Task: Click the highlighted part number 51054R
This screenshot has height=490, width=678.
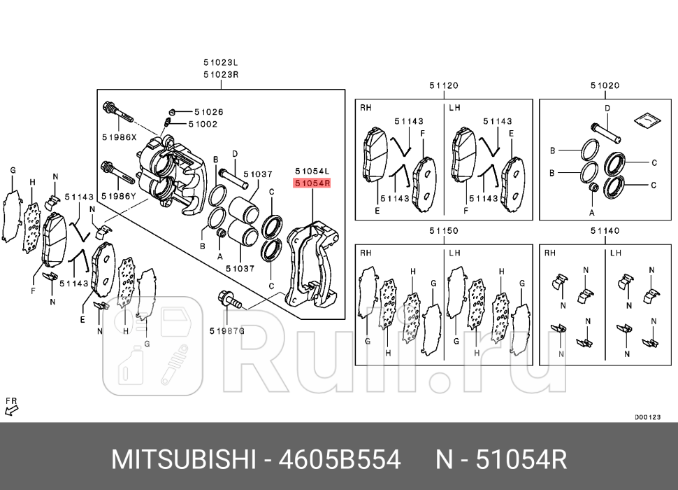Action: [x=312, y=183]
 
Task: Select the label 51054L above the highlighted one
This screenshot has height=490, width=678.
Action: [x=312, y=171]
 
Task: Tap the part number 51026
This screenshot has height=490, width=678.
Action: [x=208, y=111]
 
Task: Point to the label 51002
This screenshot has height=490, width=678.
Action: [x=203, y=124]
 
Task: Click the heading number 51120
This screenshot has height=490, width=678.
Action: [x=443, y=85]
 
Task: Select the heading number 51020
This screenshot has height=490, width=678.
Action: [x=605, y=85]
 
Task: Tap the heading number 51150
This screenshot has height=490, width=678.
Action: [x=443, y=230]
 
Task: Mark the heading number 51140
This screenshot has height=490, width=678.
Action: [x=605, y=230]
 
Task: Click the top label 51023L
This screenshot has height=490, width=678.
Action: [x=221, y=62]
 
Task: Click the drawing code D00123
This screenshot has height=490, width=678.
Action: [x=647, y=417]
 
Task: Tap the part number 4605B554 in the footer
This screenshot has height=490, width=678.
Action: [x=340, y=460]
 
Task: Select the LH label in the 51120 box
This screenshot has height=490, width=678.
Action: [x=455, y=108]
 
